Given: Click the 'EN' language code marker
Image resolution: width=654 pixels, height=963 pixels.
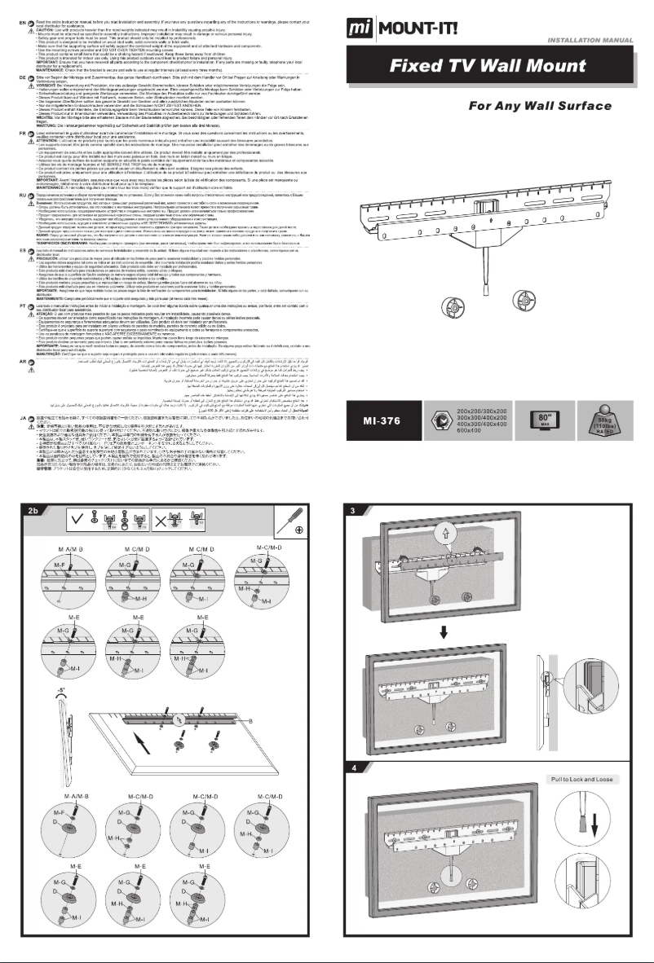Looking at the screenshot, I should [x=9, y=6].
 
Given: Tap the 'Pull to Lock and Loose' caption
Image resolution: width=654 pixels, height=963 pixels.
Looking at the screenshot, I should [x=584, y=780].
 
